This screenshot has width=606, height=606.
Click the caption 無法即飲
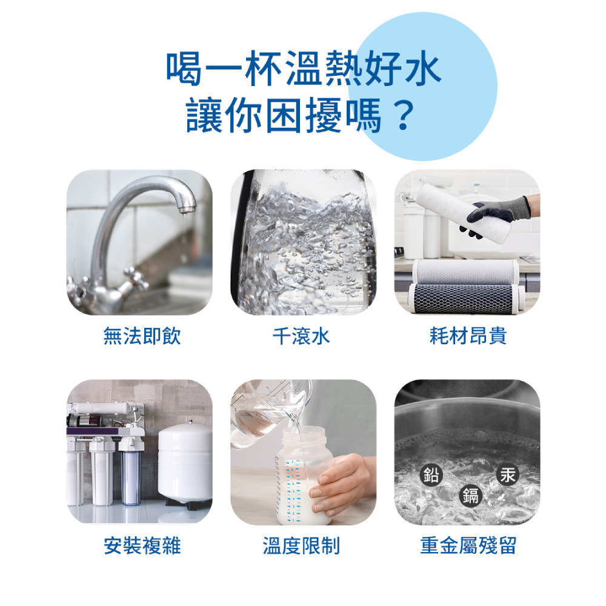coord(142,336)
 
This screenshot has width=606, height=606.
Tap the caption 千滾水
coord(301,336)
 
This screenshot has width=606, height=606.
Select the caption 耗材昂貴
coord(468,336)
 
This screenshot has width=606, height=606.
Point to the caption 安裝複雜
coord(142,545)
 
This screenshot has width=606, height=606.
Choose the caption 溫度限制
coord(301,545)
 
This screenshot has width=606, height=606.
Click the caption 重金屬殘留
coord(468,545)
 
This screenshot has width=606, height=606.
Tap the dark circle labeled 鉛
coord(431,475)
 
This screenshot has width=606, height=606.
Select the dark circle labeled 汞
coord(507,475)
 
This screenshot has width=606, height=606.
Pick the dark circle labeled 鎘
coord(471,496)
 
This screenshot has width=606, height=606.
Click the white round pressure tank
coord(185,461)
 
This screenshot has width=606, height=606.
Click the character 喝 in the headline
coord(185,68)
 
